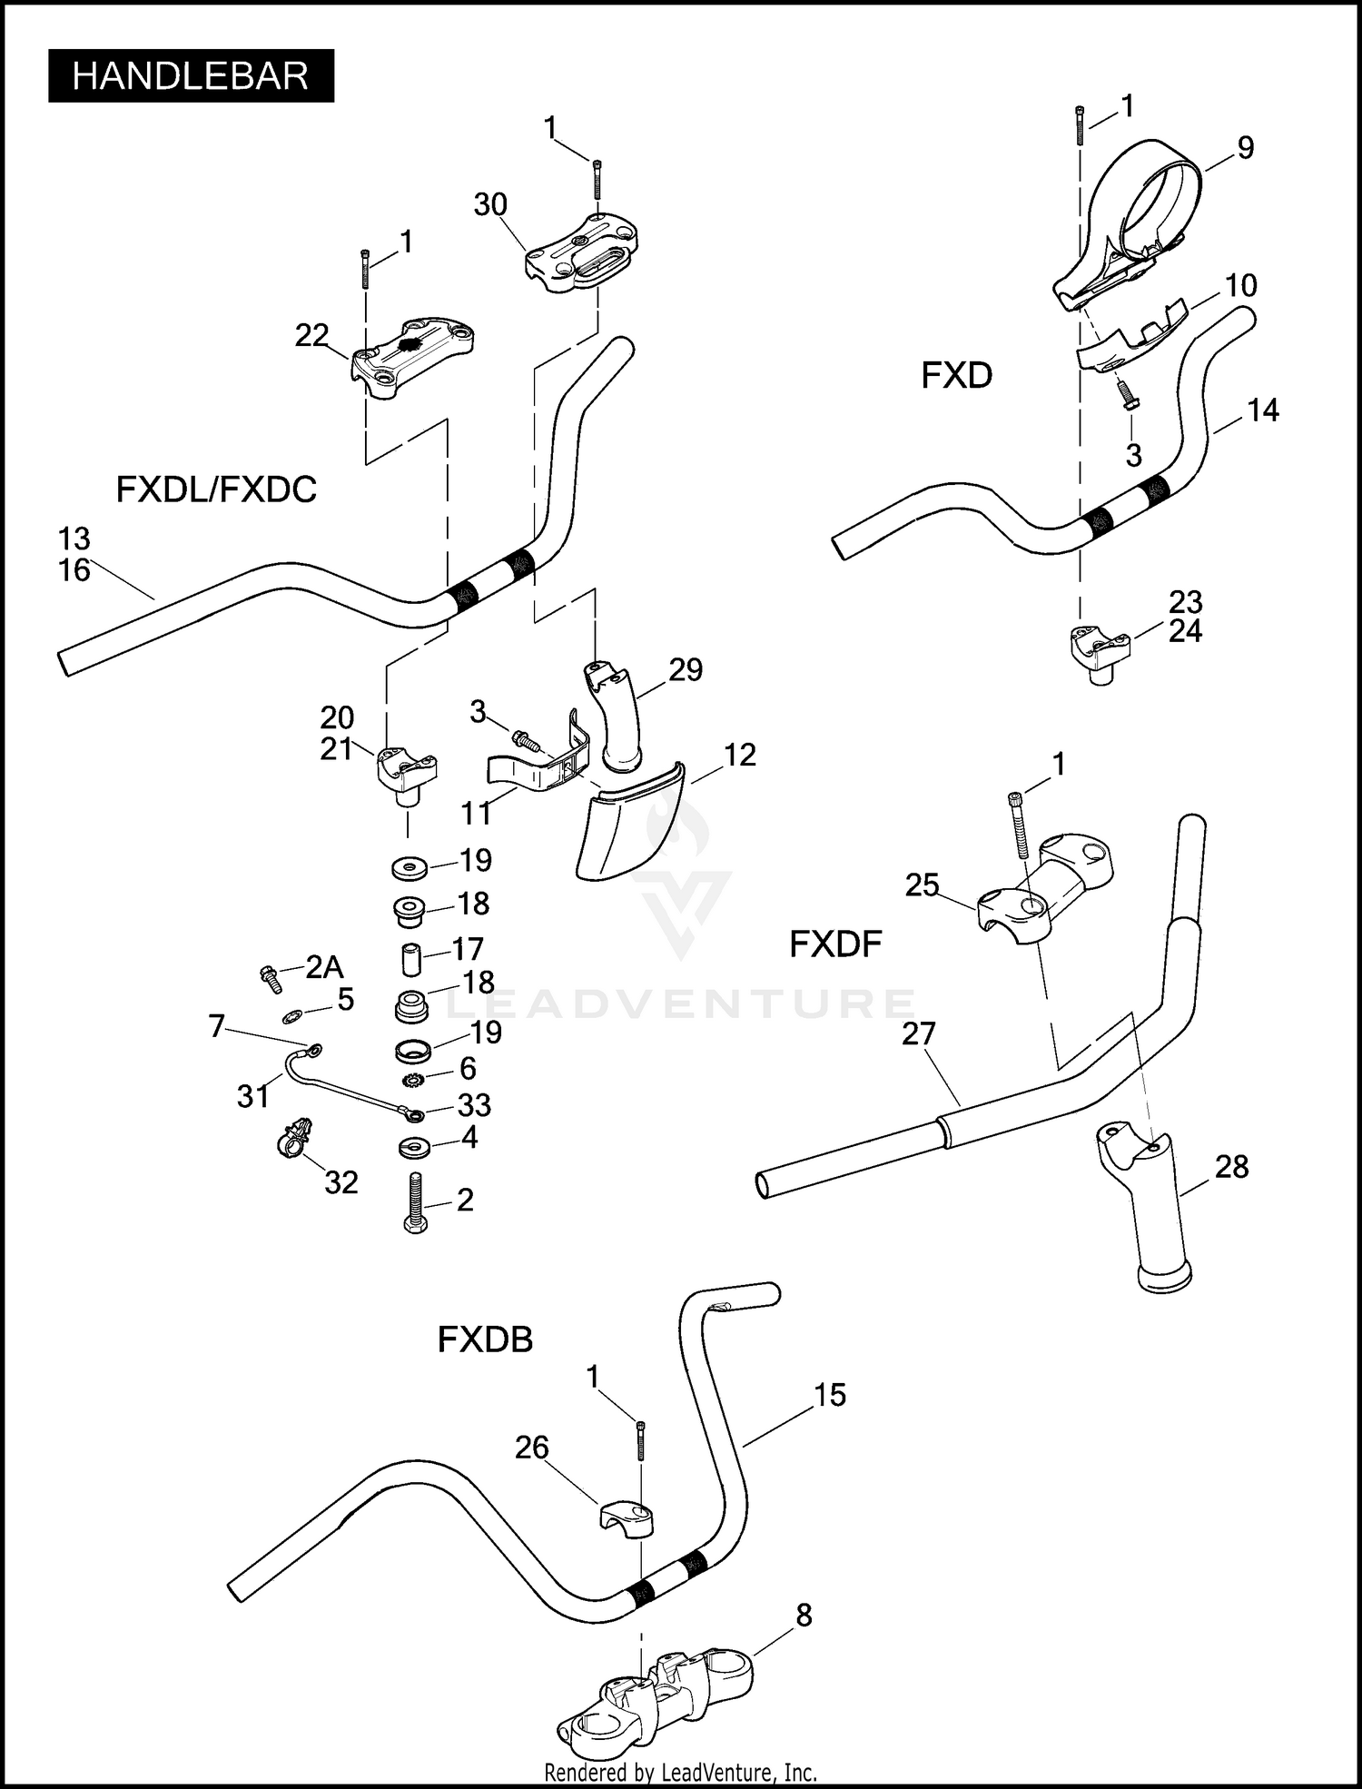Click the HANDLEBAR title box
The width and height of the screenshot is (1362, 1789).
point(191,76)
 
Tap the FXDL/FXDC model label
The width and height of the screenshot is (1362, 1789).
point(216,489)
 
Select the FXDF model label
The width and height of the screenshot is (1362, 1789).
point(835,944)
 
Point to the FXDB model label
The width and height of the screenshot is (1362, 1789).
point(485,1339)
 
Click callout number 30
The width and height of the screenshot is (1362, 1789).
point(490,205)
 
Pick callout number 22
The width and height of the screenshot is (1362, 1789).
point(311,335)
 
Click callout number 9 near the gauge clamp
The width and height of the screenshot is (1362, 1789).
point(1246,148)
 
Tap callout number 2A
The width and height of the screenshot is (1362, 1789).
point(324,967)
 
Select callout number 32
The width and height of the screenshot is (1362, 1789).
point(341,1181)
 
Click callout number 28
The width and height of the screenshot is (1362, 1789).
point(1231,1166)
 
